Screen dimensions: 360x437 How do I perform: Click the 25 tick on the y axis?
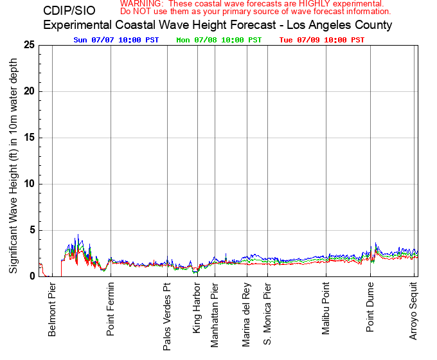click(29, 45)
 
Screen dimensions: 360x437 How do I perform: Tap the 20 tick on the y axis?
click(29, 91)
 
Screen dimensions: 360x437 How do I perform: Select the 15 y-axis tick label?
click(29, 138)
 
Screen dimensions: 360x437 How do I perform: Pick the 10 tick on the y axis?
click(29, 184)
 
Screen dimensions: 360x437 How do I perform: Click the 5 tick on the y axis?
click(31, 230)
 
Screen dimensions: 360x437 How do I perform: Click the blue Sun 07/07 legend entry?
click(116, 40)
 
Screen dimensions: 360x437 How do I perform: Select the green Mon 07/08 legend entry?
click(219, 40)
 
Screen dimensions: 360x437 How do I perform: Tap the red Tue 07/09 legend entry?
click(322, 40)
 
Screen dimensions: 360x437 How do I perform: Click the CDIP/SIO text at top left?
click(69, 11)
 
